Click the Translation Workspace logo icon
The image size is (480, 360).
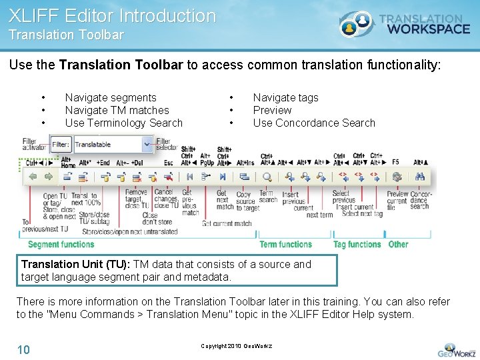click(356, 24)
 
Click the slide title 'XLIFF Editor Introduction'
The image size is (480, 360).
click(112, 16)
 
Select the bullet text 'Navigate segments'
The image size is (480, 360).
click(111, 97)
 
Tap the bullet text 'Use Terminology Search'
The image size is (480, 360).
click(123, 123)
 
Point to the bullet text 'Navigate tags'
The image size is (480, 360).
click(285, 97)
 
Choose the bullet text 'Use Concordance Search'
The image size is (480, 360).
click(314, 123)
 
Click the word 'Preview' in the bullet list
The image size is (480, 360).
click(272, 110)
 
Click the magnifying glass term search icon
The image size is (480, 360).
click(267, 177)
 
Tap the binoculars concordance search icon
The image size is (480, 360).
click(420, 177)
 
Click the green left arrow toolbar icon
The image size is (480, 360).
click(31, 177)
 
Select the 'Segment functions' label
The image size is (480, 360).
click(61, 245)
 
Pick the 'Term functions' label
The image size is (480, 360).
click(285, 245)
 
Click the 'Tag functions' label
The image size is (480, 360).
click(357, 245)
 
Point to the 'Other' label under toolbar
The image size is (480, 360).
click(398, 245)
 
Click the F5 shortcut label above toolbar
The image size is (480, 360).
click(395, 162)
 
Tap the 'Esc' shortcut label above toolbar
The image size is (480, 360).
click(169, 162)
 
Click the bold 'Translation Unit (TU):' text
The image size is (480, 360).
click(76, 264)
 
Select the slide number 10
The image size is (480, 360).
click(23, 349)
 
